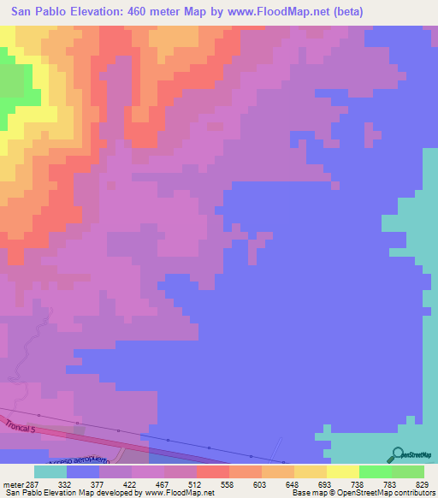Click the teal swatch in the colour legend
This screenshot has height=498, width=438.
click(x=50, y=471)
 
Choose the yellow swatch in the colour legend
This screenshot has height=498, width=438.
click(x=341, y=471)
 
